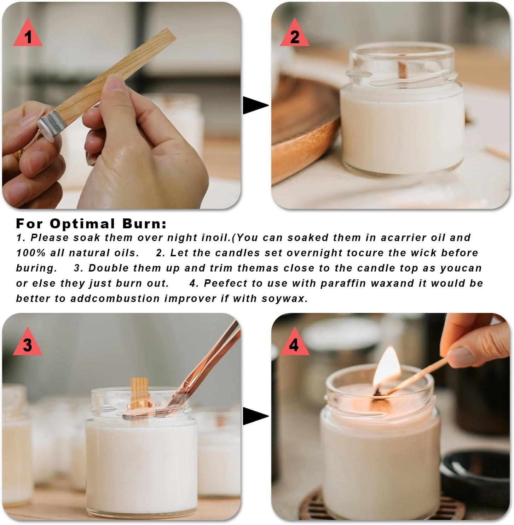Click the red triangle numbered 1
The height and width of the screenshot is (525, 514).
pyautogui.click(x=28, y=35)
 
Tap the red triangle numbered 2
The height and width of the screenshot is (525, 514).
pyautogui.click(x=295, y=35)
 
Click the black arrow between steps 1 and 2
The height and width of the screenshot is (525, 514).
pyautogui.click(x=255, y=105)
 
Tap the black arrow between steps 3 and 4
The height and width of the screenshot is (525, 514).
pyautogui.click(x=255, y=416)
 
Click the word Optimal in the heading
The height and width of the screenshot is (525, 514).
pyautogui.click(x=82, y=224)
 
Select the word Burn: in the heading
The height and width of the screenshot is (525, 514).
pyautogui.click(x=144, y=224)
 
